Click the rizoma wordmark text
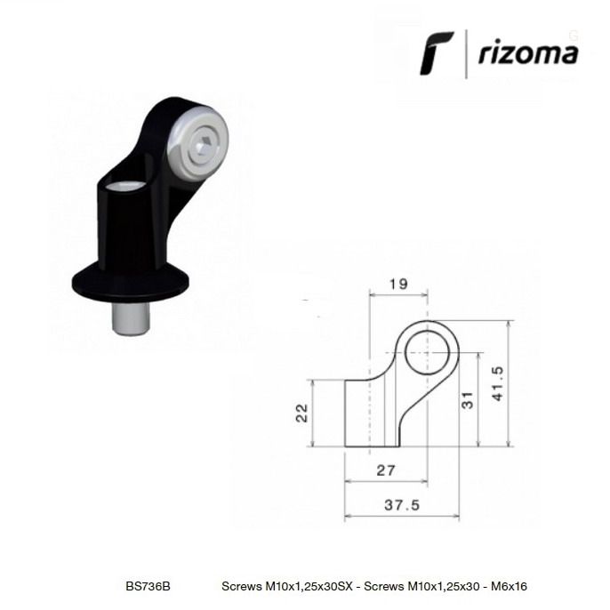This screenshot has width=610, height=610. [x=528, y=52]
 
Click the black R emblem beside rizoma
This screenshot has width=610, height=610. [x=436, y=52]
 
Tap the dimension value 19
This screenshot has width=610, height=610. [x=398, y=285]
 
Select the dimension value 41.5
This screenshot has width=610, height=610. [x=498, y=383]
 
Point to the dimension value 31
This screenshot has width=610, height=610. [x=467, y=400]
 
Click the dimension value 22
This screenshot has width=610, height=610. [x=302, y=413]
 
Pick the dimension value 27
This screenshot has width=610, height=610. [x=386, y=470]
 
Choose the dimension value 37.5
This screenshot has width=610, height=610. [x=402, y=505]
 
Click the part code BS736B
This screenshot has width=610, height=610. [x=148, y=586]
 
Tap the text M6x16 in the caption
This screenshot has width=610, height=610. [x=509, y=586]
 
